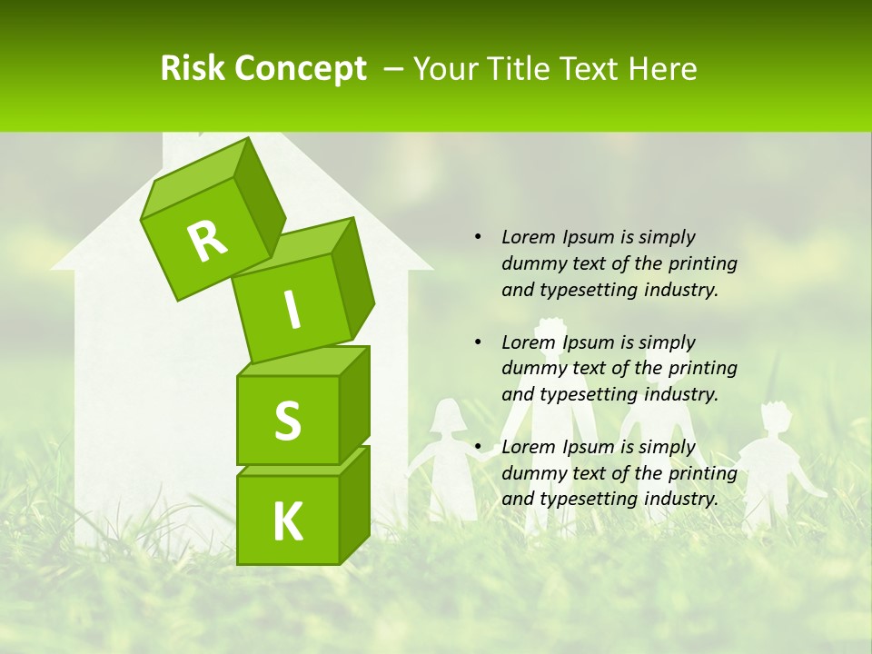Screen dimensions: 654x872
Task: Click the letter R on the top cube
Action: pos(207,242)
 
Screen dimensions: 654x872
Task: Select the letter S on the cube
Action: pos(287,421)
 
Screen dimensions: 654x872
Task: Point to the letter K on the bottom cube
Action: pos(287,521)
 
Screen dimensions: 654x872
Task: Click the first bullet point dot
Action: pos(478,237)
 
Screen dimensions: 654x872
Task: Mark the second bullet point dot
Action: pos(478,342)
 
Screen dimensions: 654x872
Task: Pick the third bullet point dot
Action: pos(478,447)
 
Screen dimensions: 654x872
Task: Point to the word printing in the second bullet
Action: pos(702,369)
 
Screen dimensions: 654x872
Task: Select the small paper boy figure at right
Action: pos(770,463)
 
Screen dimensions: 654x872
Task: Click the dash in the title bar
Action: pos(393,68)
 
